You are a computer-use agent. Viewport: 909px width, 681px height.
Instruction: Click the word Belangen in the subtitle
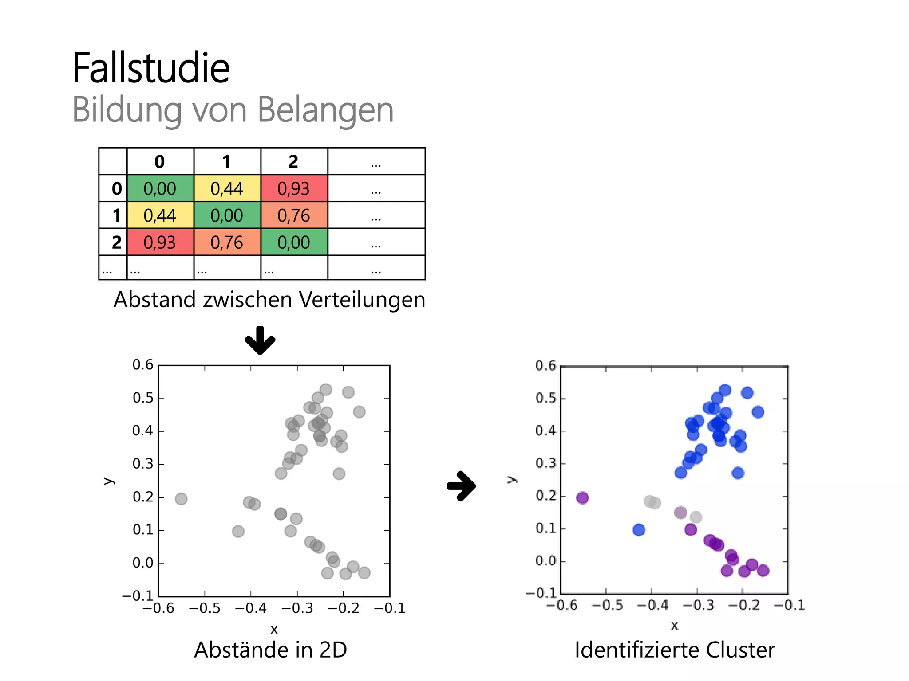325,110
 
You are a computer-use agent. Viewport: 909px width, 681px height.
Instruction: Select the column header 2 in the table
293,162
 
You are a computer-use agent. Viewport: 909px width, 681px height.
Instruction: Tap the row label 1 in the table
116,215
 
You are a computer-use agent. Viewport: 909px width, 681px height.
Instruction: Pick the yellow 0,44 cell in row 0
227,188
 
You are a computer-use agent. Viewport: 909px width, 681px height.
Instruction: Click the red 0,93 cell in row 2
160,243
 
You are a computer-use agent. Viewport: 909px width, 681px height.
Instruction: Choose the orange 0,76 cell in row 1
293,215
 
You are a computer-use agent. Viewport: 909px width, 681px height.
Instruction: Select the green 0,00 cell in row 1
227,215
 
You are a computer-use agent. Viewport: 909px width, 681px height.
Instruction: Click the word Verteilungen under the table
362,300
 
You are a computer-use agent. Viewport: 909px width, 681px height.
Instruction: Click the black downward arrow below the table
260,340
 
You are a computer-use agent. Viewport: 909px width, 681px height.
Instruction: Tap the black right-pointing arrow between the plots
462,486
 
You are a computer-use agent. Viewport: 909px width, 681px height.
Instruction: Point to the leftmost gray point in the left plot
181,499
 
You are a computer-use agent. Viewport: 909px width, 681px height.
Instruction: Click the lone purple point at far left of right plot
582,498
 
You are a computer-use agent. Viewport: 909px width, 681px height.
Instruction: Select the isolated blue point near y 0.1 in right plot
639,530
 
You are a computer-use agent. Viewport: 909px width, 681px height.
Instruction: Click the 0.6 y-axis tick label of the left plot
142,365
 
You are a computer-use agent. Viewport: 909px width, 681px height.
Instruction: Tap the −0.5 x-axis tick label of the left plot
204,608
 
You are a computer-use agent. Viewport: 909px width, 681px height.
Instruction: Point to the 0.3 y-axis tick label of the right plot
545,463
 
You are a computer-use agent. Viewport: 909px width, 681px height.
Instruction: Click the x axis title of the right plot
674,626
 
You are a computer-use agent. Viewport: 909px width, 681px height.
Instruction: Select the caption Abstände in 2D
270,650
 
